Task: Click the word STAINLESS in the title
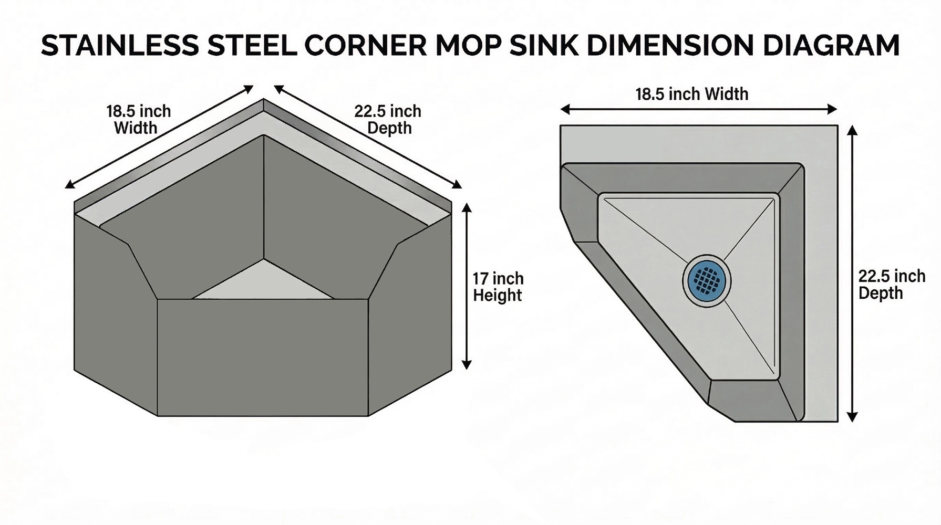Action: click(x=120, y=46)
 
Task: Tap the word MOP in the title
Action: click(x=469, y=46)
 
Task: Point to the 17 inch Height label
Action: click(x=498, y=287)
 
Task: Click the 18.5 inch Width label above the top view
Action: click(x=692, y=94)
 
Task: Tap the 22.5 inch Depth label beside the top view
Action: click(x=892, y=285)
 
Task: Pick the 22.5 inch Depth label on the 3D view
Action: click(x=388, y=120)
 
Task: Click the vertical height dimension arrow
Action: click(x=467, y=287)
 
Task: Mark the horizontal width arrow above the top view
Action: click(x=698, y=109)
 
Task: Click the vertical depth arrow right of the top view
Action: click(x=852, y=274)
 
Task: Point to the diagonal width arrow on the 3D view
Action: click(x=159, y=136)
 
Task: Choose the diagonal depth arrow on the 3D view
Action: click(x=368, y=136)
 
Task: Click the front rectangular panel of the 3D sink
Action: click(x=263, y=358)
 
